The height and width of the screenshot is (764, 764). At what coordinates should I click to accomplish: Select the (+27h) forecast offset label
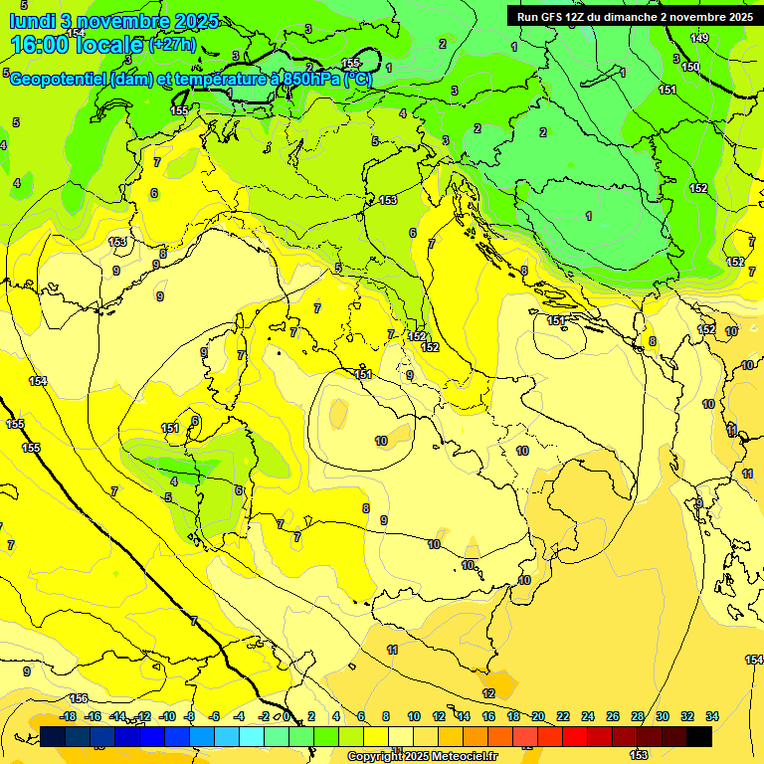click(x=171, y=45)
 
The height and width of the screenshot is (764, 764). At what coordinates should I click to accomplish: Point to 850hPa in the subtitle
click(x=312, y=79)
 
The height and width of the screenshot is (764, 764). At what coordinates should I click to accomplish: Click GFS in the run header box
click(x=558, y=16)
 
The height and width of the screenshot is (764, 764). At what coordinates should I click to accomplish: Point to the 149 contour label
click(x=699, y=38)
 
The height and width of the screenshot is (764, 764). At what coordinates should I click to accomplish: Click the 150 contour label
click(x=689, y=67)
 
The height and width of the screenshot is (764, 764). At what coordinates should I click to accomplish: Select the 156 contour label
click(x=79, y=699)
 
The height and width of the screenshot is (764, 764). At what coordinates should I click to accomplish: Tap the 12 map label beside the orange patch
click(x=488, y=693)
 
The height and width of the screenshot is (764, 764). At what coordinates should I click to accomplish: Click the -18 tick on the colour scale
click(x=69, y=716)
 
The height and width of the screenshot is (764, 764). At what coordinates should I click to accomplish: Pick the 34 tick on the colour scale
click(x=712, y=716)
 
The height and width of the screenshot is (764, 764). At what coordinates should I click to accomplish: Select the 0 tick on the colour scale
click(x=286, y=716)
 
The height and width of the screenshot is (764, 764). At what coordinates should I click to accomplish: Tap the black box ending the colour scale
click(x=699, y=736)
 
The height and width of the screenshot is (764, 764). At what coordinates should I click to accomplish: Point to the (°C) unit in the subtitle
click(x=358, y=79)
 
